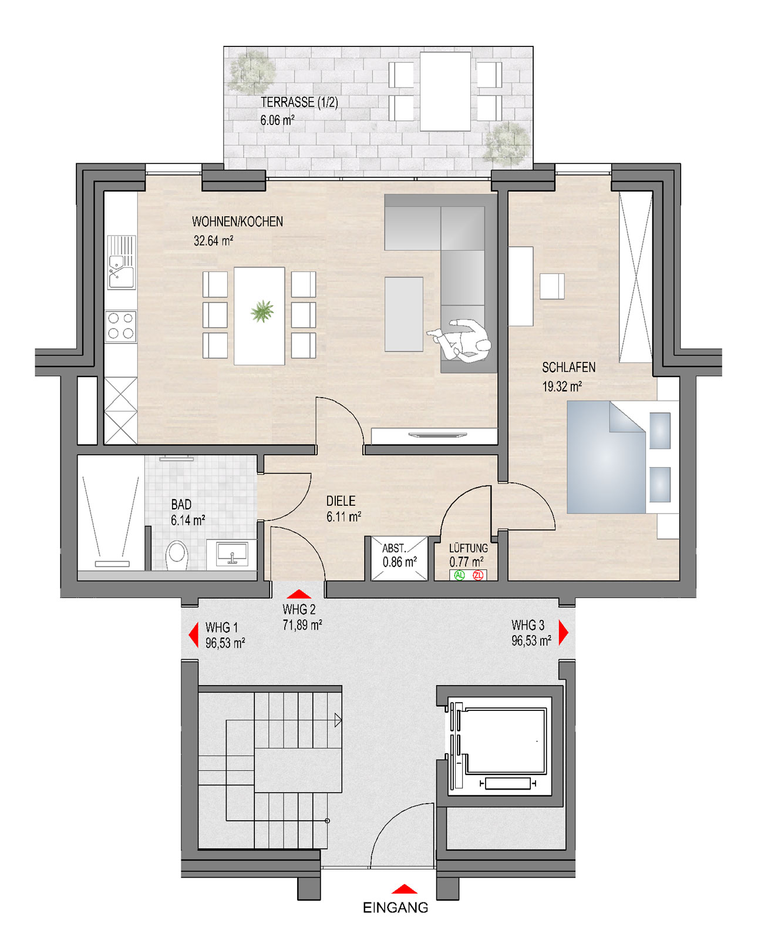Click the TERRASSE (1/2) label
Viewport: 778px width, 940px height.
pyautogui.click(x=299, y=102)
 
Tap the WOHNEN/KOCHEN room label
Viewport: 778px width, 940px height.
pyautogui.click(x=237, y=221)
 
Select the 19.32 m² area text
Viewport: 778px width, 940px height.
pyautogui.click(x=562, y=386)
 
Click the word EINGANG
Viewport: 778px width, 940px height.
pyautogui.click(x=395, y=908)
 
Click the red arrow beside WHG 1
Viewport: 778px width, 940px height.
pyautogui.click(x=193, y=634)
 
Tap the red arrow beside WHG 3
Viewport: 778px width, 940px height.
pyautogui.click(x=564, y=633)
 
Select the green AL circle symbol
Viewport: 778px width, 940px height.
pyautogui.click(x=459, y=575)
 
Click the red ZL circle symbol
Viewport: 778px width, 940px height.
pyautogui.click(x=478, y=575)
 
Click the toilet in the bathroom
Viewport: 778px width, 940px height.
pyautogui.click(x=176, y=555)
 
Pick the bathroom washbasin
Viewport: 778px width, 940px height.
pyautogui.click(x=232, y=553)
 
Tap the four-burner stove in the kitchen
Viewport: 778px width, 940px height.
pyautogui.click(x=120, y=327)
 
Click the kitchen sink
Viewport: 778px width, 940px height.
pyautogui.click(x=121, y=263)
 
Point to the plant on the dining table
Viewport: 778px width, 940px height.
pyautogui.click(x=262, y=311)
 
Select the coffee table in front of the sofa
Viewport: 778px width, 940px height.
pyautogui.click(x=404, y=314)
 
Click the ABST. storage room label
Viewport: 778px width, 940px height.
pyautogui.click(x=394, y=548)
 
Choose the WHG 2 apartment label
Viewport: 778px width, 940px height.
pyautogui.click(x=299, y=609)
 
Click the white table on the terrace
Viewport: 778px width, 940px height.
pyautogui.click(x=445, y=92)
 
